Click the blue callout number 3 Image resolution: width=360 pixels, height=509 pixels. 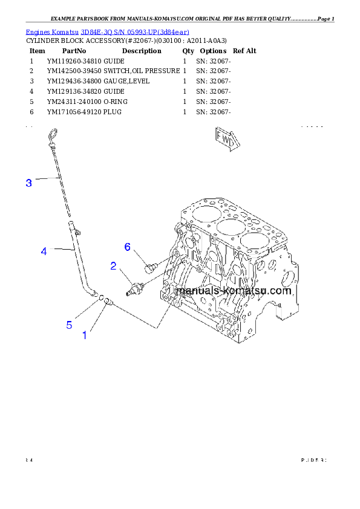point(29,183)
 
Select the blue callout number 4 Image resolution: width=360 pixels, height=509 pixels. point(44,251)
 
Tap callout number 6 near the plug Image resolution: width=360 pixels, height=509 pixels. point(128,247)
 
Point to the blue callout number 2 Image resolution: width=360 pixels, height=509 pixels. point(113,265)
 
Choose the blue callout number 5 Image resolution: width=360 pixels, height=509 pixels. point(70,325)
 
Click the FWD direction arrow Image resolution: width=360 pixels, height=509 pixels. point(226,138)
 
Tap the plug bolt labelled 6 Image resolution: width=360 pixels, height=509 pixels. point(151,265)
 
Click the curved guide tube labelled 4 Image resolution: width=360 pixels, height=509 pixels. point(79,260)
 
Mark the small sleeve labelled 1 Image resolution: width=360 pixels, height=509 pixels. point(108,300)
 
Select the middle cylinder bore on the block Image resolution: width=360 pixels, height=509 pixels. point(230,228)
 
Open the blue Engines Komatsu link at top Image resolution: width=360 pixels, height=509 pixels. point(107,31)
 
